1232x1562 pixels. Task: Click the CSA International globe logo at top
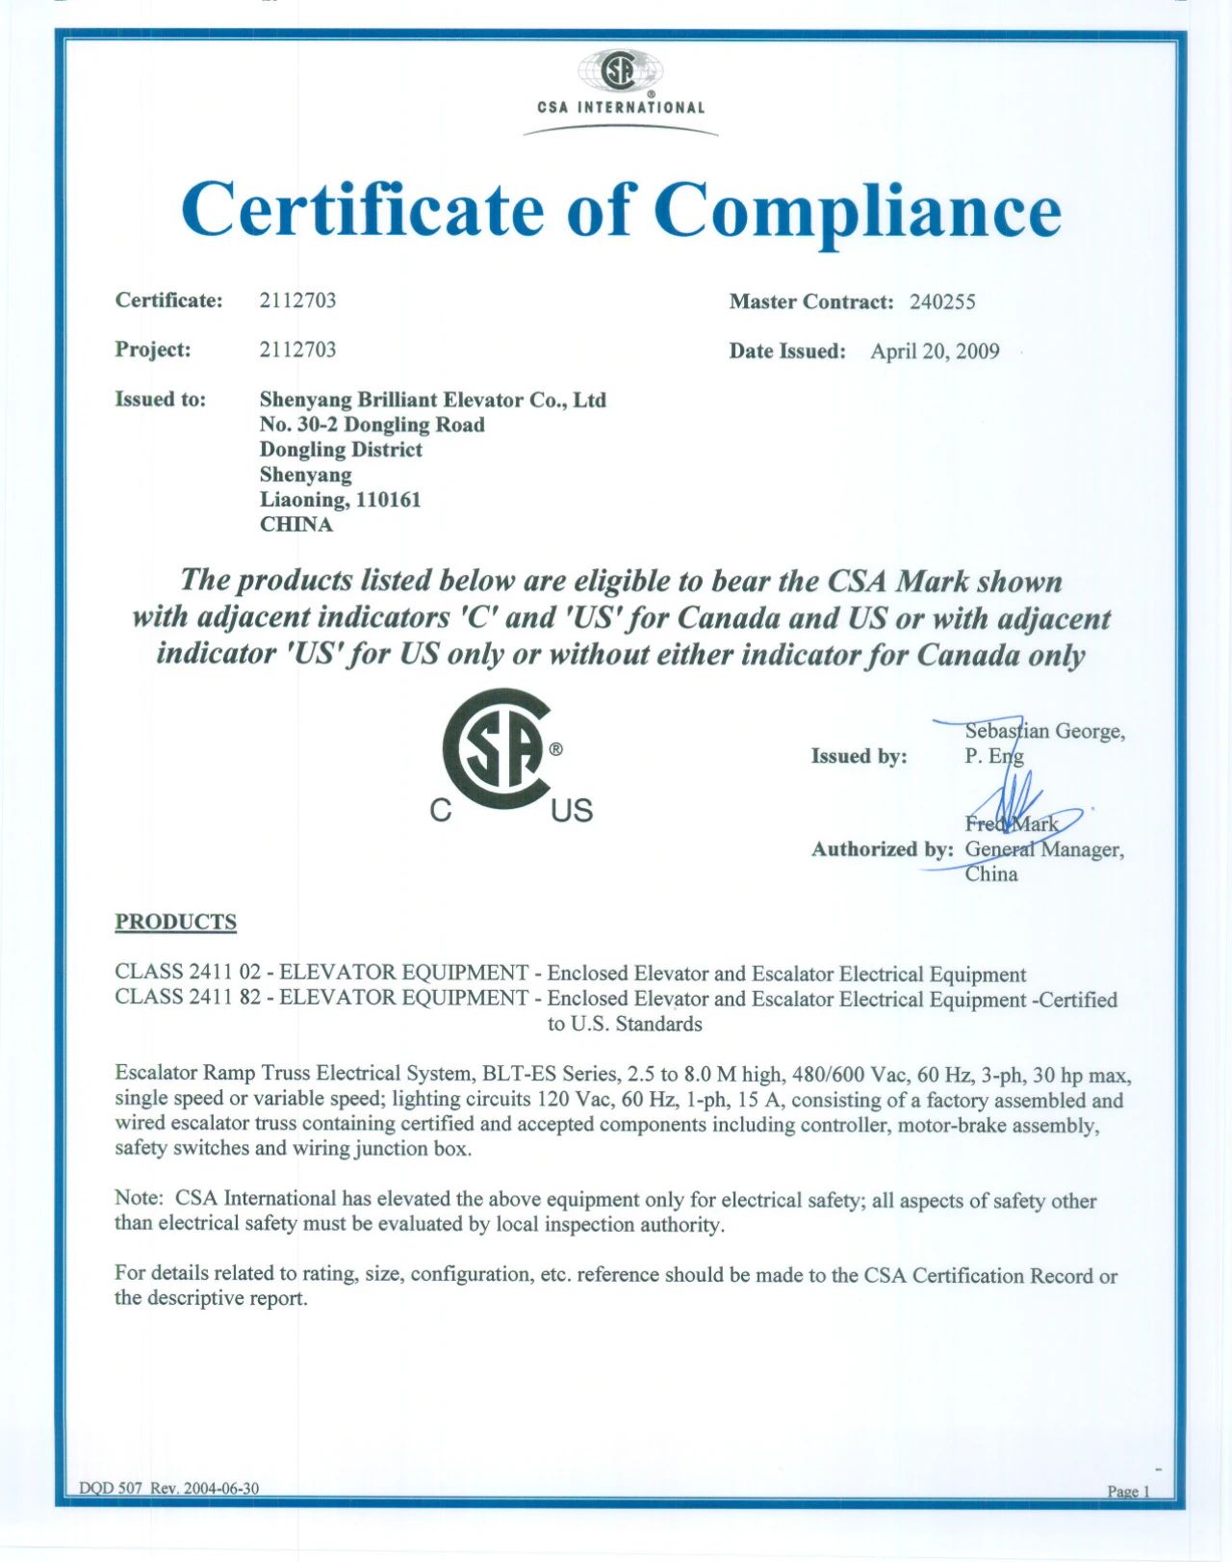coord(620,71)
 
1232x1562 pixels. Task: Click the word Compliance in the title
coord(857,210)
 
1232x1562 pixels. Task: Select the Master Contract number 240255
coord(942,302)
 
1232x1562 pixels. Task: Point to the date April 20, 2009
coord(935,351)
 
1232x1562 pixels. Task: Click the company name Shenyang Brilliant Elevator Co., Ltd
coord(432,400)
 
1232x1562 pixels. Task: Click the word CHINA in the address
coord(296,525)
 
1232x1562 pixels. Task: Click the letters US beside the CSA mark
coord(572,811)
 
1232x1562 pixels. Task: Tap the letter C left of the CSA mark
coord(440,811)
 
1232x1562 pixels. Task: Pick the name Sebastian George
coord(1044,731)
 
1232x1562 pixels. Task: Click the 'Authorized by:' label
coord(882,849)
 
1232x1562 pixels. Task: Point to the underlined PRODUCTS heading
coord(175,923)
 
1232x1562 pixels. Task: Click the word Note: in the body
coord(140,1198)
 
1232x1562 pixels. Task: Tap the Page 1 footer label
coord(1128,1491)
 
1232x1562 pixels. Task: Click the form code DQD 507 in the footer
coord(110,1488)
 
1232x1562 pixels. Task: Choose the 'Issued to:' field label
coord(160,400)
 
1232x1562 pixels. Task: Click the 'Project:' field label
coord(152,350)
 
